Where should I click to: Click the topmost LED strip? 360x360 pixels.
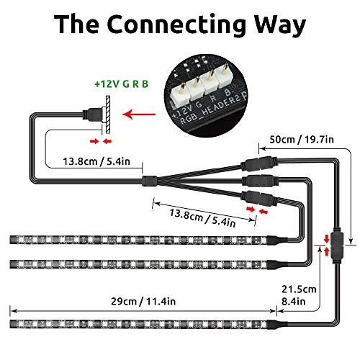pyautogui.click(x=144, y=239)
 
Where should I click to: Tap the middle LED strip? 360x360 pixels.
pyautogui.click(x=144, y=263)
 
